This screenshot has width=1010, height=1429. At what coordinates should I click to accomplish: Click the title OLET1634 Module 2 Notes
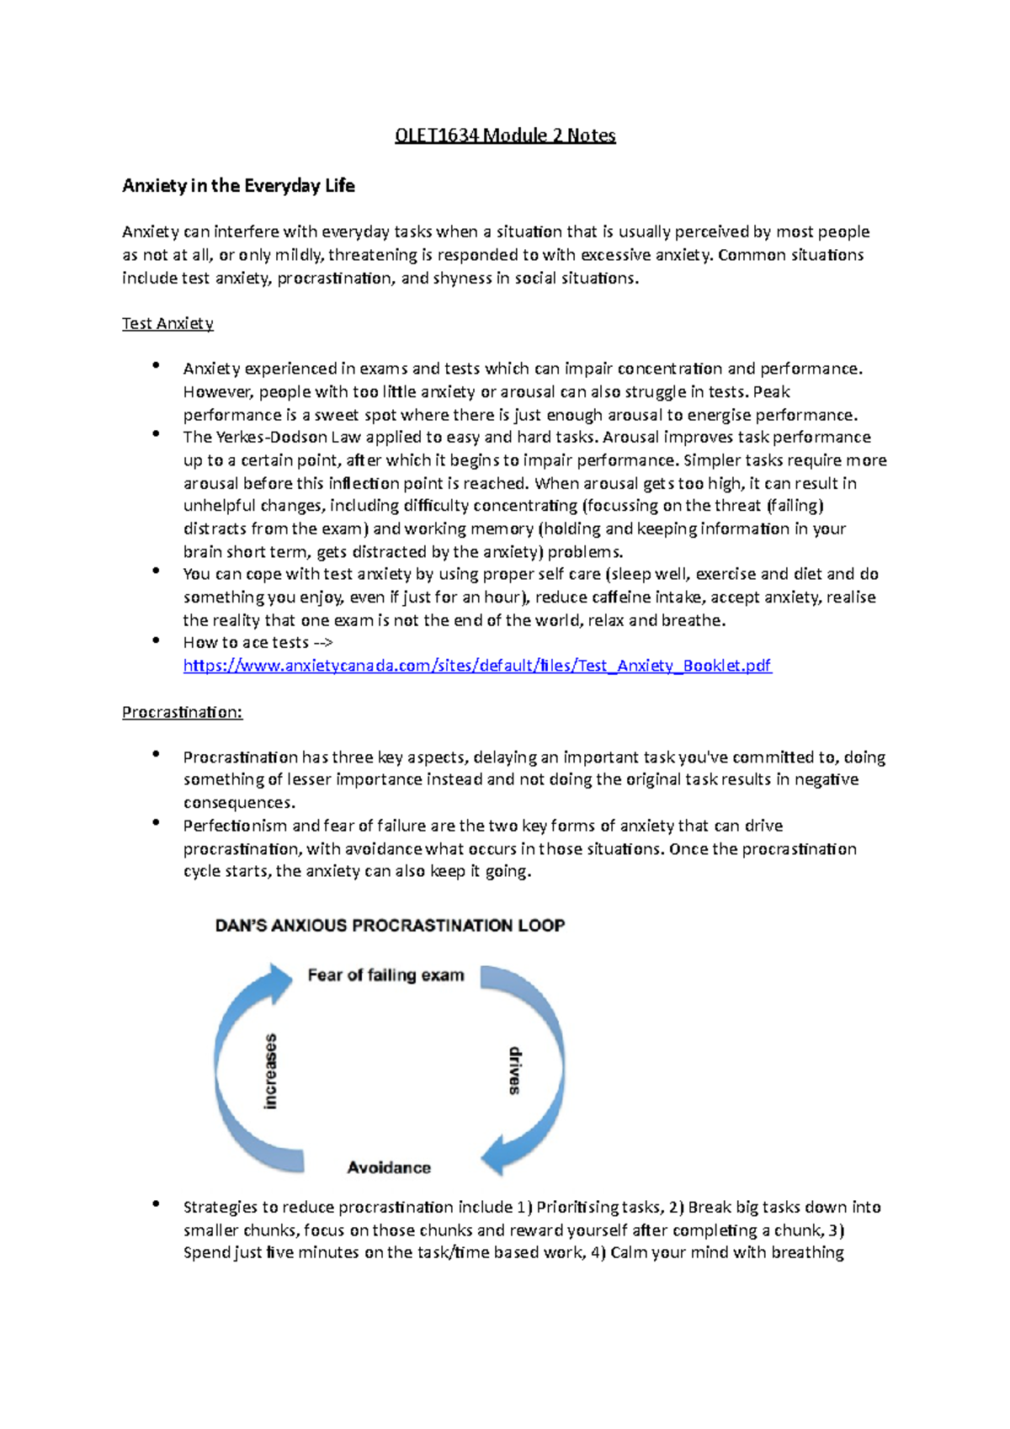505,135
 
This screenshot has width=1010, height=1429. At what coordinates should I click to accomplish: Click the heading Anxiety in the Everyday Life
238,186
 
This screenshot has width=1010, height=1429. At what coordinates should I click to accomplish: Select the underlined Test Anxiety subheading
167,324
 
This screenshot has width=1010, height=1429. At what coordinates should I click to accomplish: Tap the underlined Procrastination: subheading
182,713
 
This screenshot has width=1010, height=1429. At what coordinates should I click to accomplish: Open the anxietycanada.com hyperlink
476,666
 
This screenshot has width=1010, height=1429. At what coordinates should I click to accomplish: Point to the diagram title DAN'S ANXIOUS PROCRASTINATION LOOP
390,926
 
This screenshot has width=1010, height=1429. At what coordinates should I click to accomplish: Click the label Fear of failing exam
385,975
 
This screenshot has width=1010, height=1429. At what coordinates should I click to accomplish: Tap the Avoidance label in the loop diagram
389,1168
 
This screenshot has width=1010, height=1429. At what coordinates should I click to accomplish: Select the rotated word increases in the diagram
270,1071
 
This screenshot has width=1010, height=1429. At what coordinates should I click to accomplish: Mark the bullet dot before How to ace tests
156,640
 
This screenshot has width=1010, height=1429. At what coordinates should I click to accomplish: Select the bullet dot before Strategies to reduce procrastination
156,1205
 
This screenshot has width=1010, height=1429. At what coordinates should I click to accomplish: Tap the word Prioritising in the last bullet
577,1208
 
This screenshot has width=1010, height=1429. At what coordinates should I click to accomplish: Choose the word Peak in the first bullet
771,392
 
